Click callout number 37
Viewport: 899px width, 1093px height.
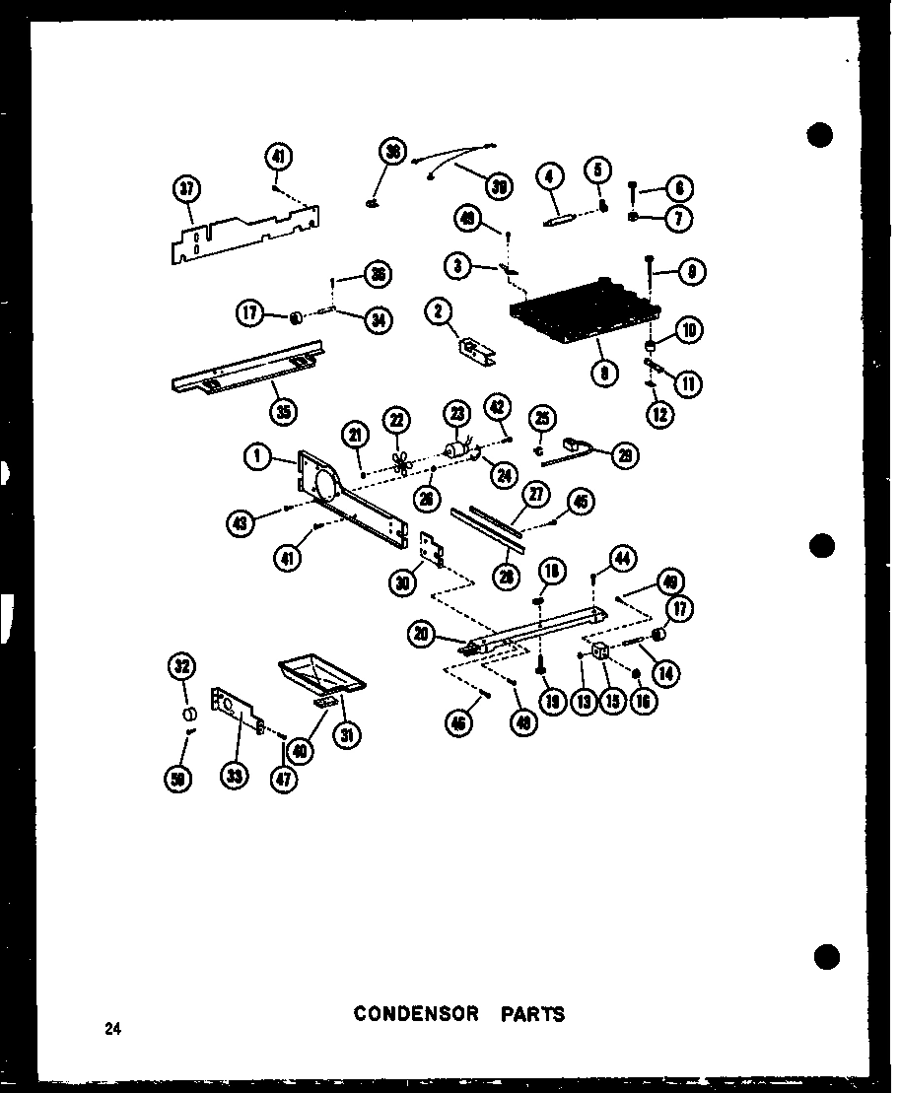click(x=185, y=190)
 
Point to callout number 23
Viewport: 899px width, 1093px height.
click(x=458, y=416)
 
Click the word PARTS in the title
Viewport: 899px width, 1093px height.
click(x=532, y=1013)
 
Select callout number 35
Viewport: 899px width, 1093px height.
click(x=283, y=412)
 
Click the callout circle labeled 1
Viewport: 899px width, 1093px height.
click(x=258, y=454)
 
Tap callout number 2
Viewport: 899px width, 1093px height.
click(x=439, y=312)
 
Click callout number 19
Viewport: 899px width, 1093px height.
click(x=552, y=702)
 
